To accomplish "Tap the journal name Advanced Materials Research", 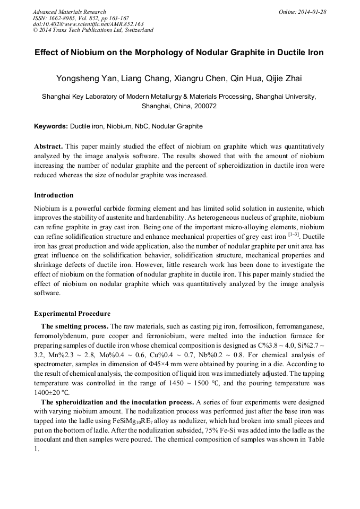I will pyautogui.click(x=69, y=12).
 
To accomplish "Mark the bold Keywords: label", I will pyautogui.click(x=51, y=126).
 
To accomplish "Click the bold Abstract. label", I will pyautogui.click(x=49, y=146).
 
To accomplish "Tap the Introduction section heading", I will pyautogui.click(x=54, y=195).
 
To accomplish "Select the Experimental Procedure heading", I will pyautogui.click(x=72, y=314).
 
